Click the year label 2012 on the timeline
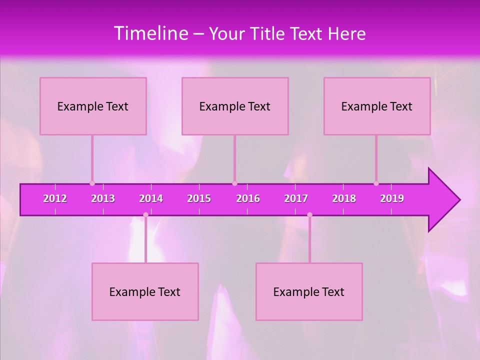point(55,198)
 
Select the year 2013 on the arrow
point(103,198)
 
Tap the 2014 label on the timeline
point(151,198)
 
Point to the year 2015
point(199,198)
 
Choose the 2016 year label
point(248,198)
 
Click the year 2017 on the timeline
point(296,198)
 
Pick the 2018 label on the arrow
point(344,198)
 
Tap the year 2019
point(392,198)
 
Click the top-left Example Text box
point(93,106)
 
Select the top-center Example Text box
point(235,106)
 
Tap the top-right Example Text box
point(377,106)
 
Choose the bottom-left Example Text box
point(145,291)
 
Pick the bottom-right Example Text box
point(309,291)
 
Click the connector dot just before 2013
point(92,183)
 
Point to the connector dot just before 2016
point(234,183)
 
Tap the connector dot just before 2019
point(376,183)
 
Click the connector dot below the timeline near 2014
point(145,214)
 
